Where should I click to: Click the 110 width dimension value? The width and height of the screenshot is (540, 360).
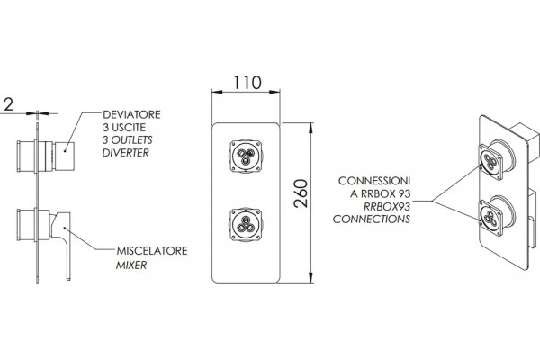[x=247, y=83]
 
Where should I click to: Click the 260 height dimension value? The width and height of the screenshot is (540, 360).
[x=301, y=193]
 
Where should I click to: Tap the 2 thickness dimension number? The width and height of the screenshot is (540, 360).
[x=9, y=104]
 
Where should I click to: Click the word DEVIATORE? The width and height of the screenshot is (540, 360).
[x=131, y=114]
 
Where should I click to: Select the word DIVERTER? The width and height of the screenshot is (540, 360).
[x=126, y=153]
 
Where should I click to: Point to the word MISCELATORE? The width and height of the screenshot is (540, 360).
[x=152, y=251]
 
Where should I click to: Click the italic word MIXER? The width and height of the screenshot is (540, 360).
[x=131, y=265]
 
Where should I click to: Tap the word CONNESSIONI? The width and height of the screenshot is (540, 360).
[x=374, y=181]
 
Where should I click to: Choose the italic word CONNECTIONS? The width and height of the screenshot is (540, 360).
[x=372, y=219]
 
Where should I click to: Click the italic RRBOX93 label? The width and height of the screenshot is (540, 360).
[x=387, y=206]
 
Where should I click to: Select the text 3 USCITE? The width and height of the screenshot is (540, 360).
[x=124, y=128]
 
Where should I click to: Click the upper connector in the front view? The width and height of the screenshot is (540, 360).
[x=246, y=156]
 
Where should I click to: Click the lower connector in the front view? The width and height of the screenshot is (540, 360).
[x=246, y=225]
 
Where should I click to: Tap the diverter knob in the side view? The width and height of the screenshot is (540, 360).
[x=65, y=156]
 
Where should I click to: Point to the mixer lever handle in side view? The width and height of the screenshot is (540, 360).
[x=63, y=241]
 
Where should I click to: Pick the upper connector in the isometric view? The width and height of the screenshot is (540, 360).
[x=491, y=162]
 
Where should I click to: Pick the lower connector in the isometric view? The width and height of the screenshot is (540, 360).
[x=491, y=218]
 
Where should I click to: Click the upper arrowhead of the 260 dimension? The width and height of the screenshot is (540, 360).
[x=311, y=128]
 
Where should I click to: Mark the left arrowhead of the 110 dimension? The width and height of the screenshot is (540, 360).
[x=217, y=92]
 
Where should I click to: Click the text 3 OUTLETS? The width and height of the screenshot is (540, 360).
[x=127, y=140]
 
